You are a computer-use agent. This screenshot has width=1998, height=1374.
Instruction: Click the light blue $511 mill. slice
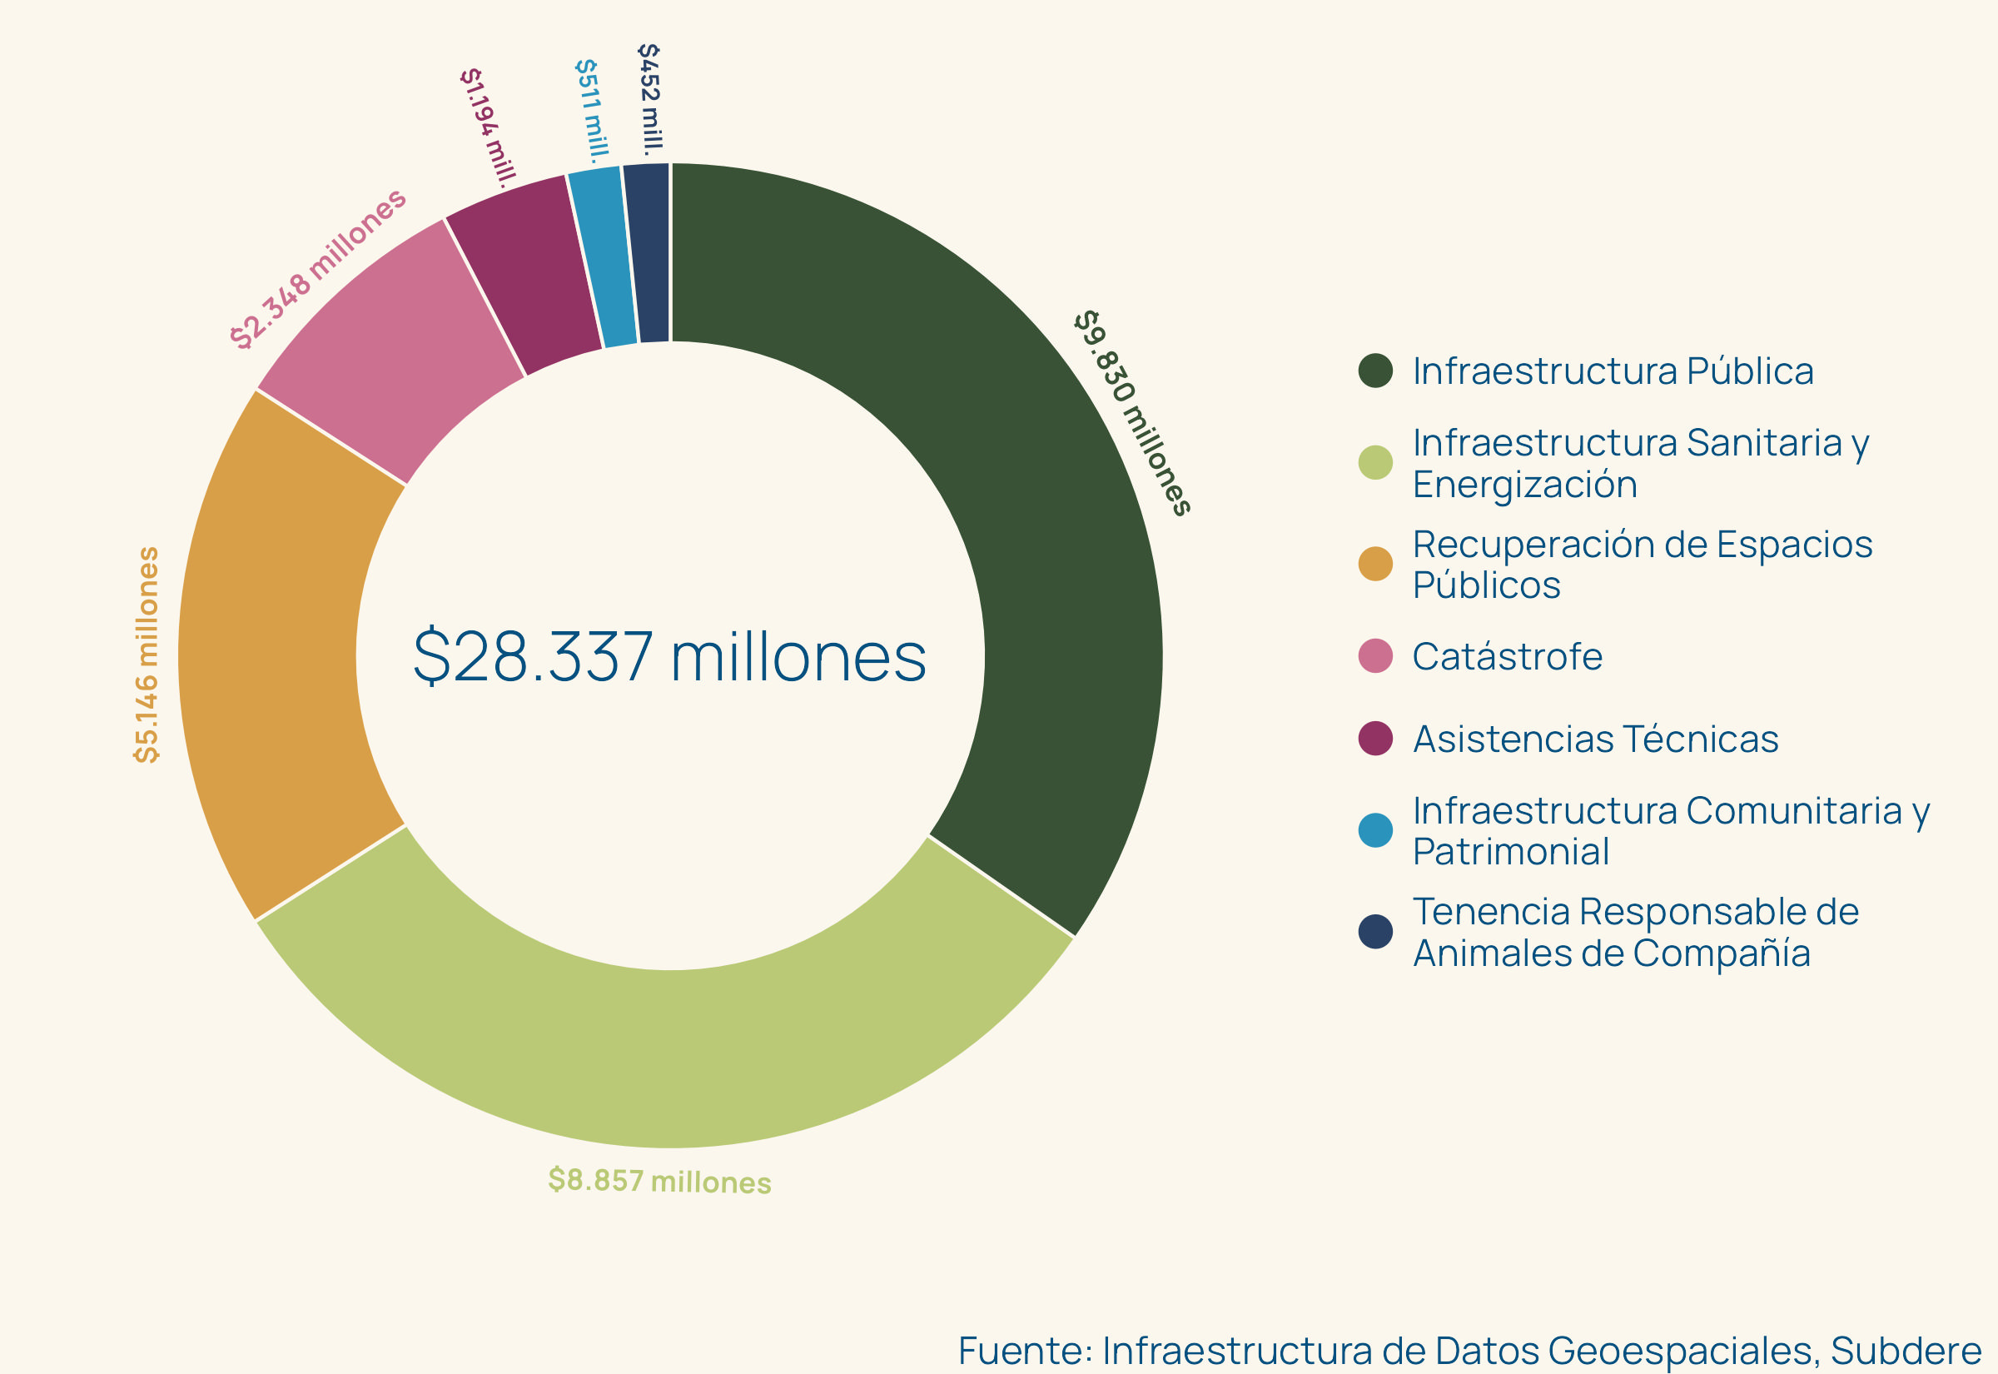pos(608,256)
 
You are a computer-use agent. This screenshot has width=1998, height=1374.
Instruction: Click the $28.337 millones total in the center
pos(669,657)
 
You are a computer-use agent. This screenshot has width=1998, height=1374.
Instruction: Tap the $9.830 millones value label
pos(1131,412)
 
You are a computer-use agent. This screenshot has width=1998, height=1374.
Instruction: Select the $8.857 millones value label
pos(659,1180)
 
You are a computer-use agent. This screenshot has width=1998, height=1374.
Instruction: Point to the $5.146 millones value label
pos(147,655)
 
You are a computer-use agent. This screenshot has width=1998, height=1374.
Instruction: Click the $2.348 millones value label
pos(317,268)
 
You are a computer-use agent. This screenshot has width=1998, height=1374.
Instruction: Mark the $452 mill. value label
pos(650,99)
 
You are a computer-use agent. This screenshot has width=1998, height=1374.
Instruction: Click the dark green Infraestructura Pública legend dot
pos(1375,371)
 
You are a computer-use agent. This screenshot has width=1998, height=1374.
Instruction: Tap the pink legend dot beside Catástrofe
pos(1375,656)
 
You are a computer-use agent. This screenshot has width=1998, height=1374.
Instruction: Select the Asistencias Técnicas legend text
pos(1595,739)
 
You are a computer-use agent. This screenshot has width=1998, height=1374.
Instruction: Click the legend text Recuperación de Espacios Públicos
pos(1642,565)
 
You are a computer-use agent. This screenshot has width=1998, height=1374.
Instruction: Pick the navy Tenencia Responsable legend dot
pos(1375,932)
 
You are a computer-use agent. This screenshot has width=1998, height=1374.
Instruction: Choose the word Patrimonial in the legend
pos(1511,851)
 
